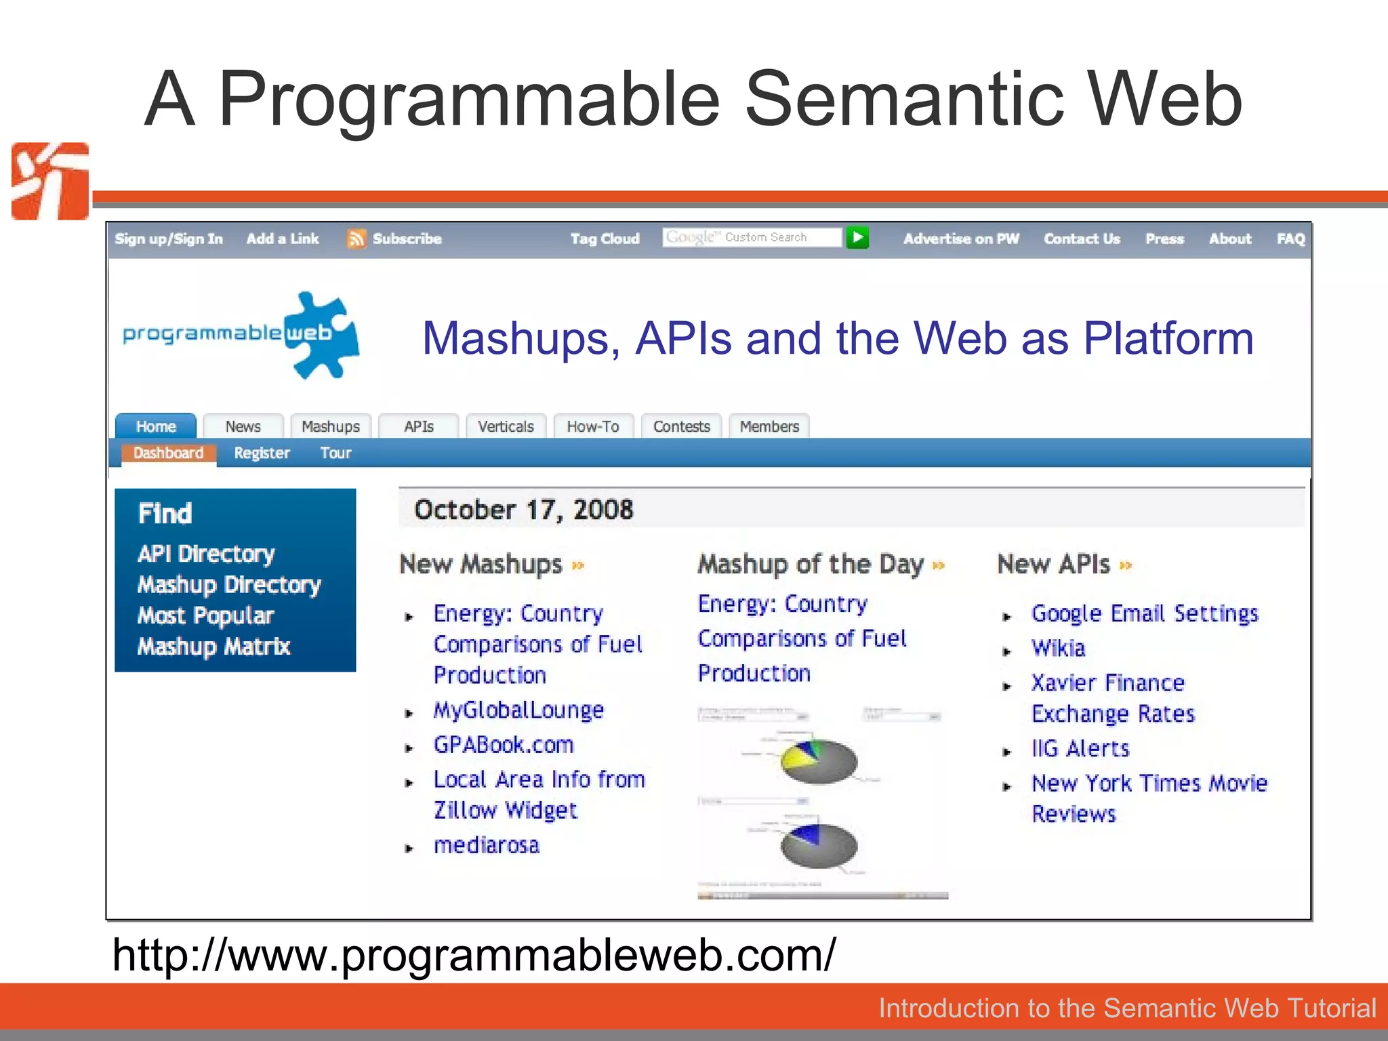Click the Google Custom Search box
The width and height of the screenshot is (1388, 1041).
click(x=751, y=237)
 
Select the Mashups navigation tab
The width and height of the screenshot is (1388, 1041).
click(x=330, y=426)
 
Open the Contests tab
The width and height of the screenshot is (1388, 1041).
click(x=681, y=426)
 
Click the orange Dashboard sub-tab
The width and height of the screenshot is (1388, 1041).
click(x=168, y=453)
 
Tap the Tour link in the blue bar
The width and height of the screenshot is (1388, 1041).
click(x=335, y=453)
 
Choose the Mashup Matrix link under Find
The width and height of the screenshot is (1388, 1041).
click(x=213, y=646)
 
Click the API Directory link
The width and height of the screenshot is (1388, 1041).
click(x=206, y=554)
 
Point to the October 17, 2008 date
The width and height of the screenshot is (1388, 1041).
click(x=523, y=510)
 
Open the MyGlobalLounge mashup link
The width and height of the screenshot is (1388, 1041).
click(x=518, y=710)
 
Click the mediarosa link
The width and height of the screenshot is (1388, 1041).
click(x=487, y=845)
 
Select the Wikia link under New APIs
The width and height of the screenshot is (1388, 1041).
click(x=1058, y=648)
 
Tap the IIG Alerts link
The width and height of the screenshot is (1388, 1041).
click(x=1080, y=748)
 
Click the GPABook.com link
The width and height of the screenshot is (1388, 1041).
click(x=504, y=745)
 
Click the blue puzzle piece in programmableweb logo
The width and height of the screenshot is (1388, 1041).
click(x=321, y=335)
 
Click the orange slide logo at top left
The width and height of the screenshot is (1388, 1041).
click(x=50, y=181)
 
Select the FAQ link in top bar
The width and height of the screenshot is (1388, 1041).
click(x=1290, y=239)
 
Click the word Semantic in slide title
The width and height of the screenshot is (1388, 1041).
click(x=904, y=100)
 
